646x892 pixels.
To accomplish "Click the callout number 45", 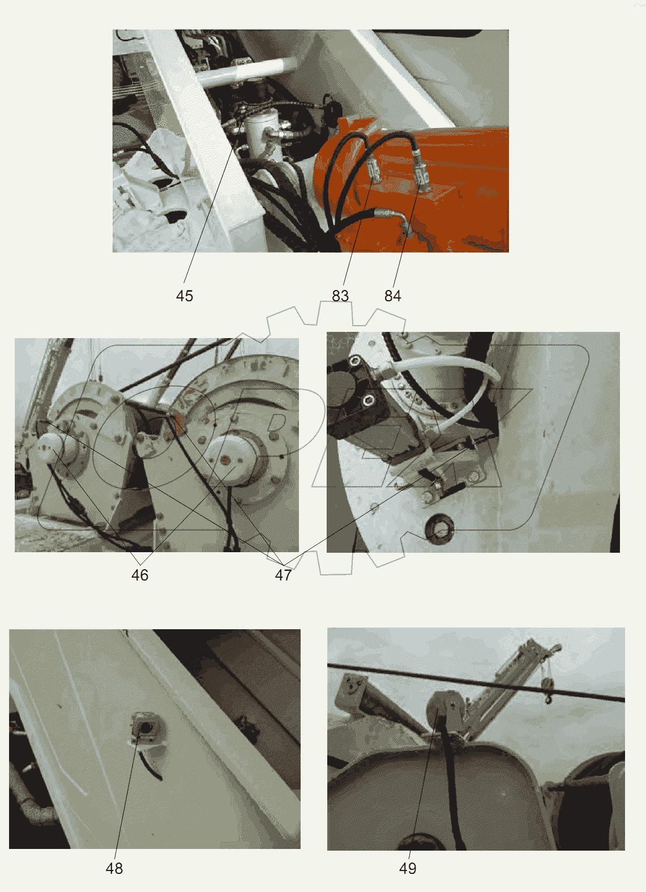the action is (x=184, y=296).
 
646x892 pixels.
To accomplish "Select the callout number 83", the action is (x=340, y=296).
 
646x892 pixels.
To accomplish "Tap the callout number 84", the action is (x=393, y=296).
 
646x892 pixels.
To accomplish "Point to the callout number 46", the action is (x=140, y=575).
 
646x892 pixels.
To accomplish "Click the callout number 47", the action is (x=284, y=575).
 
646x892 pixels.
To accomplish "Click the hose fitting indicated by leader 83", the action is (x=374, y=170).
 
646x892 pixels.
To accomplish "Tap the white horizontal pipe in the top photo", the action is (x=247, y=71).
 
